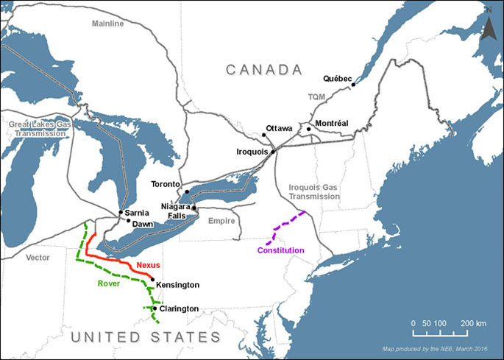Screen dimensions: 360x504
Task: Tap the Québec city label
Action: (338, 77)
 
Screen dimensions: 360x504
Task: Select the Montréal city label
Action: (331, 123)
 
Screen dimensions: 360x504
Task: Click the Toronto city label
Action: (166, 183)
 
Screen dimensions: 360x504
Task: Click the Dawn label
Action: (143, 223)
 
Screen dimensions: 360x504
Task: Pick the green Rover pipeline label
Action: (110, 282)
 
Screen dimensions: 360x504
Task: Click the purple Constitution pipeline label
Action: (280, 250)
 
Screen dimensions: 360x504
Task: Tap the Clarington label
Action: (179, 308)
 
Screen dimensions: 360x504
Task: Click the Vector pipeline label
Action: (37, 258)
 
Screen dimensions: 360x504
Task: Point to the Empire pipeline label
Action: (221, 221)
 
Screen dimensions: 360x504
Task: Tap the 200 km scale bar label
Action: (475, 324)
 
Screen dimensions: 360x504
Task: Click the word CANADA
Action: (264, 69)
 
